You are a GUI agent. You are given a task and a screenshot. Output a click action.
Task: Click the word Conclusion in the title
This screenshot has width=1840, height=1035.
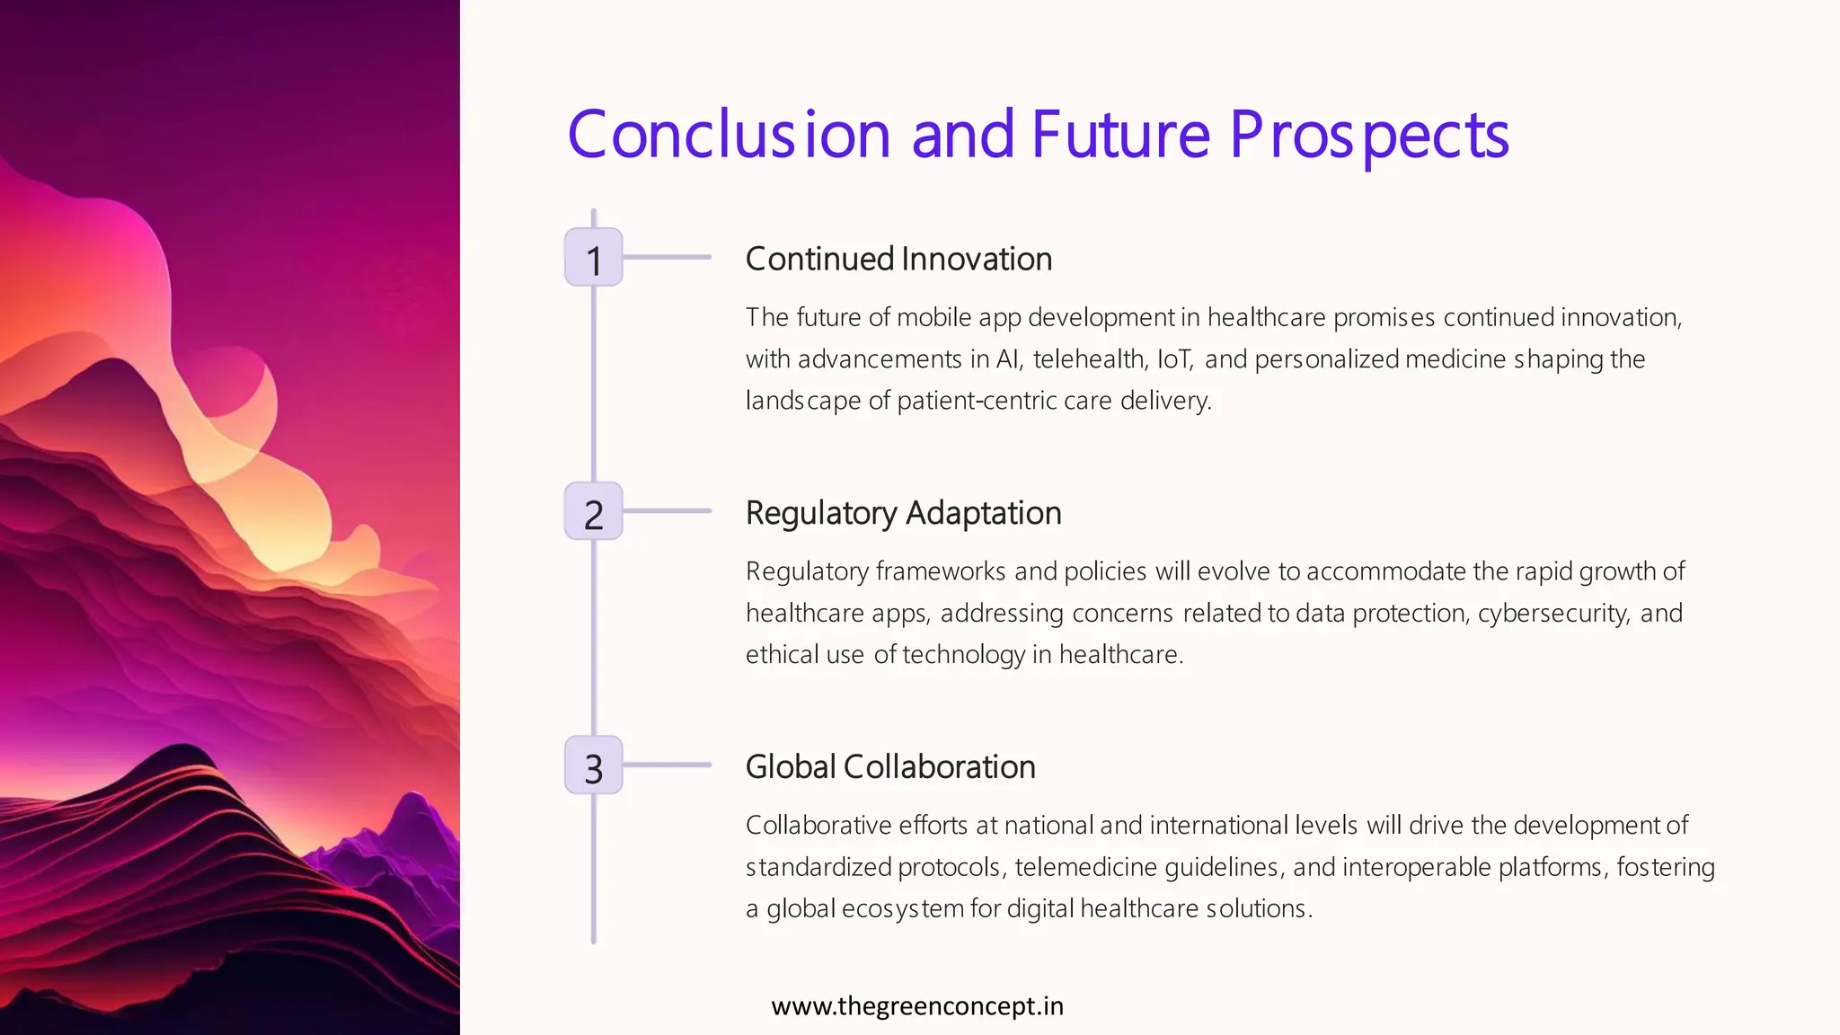pyautogui.click(x=729, y=135)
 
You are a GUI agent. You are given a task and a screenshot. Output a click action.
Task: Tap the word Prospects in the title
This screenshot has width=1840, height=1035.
pyautogui.click(x=1368, y=135)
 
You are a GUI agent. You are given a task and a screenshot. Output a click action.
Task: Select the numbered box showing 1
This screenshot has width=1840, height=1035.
pyautogui.click(x=593, y=258)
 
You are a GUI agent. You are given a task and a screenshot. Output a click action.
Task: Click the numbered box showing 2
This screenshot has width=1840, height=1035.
pyautogui.click(x=593, y=511)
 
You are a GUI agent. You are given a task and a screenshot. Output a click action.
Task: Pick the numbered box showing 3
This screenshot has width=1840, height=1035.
pyautogui.click(x=593, y=765)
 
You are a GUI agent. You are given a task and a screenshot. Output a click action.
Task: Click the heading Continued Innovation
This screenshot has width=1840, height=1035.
pyautogui.click(x=898, y=259)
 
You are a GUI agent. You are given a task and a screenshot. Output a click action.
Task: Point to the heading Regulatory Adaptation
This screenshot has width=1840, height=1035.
pyautogui.click(x=903, y=513)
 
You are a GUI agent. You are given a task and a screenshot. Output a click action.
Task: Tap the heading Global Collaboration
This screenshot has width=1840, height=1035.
pyautogui.click(x=890, y=767)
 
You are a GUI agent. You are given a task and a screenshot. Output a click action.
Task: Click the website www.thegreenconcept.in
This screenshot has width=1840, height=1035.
pyautogui.click(x=917, y=1005)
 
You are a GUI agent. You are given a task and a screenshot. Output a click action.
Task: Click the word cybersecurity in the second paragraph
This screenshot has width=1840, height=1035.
pyautogui.click(x=1552, y=614)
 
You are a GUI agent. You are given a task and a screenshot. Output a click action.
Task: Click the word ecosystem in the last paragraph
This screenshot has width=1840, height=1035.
pyautogui.click(x=902, y=908)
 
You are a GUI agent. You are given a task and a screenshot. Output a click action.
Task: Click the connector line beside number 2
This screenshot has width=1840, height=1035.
pyautogui.click(x=667, y=511)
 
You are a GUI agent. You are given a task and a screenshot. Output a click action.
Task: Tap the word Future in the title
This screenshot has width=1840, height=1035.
pyautogui.click(x=1121, y=135)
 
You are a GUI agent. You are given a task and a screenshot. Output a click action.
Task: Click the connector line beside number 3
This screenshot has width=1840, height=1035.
pyautogui.click(x=667, y=765)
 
